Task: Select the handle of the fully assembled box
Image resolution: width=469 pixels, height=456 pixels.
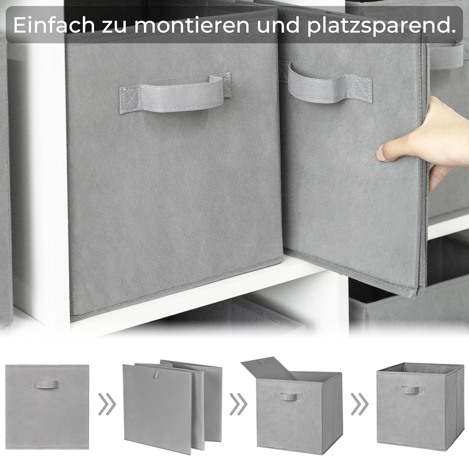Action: point(410,389)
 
